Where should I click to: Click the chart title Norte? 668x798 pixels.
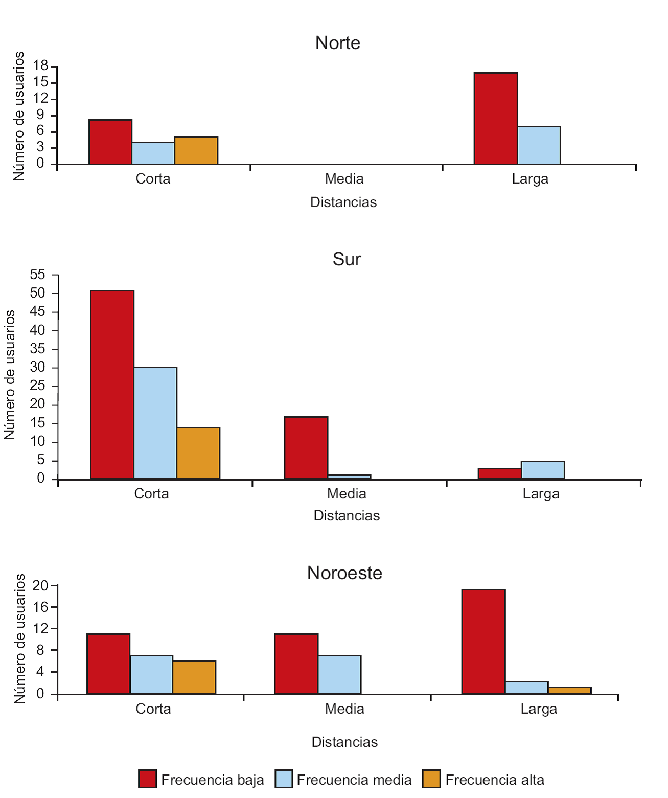337,43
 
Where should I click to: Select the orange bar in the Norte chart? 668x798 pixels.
196,150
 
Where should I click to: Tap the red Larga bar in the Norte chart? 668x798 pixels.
495,118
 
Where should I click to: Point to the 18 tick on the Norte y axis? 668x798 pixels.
40,66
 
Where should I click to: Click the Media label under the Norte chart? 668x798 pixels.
344,179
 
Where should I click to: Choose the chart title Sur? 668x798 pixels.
347,259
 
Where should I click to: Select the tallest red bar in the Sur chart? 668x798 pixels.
112,384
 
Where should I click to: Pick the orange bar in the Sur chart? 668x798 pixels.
198,453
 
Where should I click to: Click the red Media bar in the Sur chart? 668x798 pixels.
306,448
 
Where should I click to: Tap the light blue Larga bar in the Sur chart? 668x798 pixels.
542,470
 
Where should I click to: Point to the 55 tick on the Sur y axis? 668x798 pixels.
37,275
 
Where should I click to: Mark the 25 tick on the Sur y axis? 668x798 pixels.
37,386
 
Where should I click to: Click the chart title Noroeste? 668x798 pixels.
344,573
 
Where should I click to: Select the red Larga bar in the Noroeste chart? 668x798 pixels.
483,642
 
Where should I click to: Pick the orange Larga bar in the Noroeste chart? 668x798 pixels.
569,690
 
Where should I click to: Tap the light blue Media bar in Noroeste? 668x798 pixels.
339,674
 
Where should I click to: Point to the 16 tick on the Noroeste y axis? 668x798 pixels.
40,607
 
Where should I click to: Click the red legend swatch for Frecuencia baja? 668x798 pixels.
147,779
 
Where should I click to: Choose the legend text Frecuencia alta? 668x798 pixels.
494,780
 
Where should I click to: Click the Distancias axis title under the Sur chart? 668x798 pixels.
347,515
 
